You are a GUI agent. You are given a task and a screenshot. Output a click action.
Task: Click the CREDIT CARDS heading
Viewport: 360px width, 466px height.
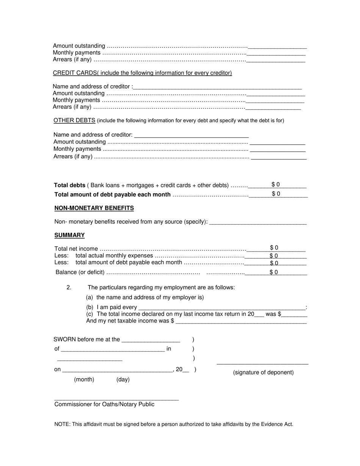tap(75, 73)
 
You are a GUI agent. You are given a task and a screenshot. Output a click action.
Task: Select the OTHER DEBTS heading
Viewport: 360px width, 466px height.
tap(74, 120)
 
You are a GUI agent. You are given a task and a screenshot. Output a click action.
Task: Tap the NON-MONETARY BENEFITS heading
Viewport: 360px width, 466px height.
tap(94, 208)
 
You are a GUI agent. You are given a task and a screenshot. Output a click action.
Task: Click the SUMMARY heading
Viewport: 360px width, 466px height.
tap(69, 235)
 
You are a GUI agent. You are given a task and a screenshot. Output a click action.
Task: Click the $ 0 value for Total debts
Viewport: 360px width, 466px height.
tap(275, 185)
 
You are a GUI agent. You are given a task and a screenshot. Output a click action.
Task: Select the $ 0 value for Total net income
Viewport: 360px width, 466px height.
tap(274, 248)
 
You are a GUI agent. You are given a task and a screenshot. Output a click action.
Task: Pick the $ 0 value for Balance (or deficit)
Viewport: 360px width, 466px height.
tap(274, 272)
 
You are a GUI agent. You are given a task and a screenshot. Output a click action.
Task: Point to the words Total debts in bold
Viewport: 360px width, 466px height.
tap(70, 185)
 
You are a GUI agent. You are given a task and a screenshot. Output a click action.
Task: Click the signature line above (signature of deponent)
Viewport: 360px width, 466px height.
tap(262, 364)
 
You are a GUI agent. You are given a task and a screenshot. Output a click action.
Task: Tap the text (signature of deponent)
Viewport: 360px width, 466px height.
tap(263, 372)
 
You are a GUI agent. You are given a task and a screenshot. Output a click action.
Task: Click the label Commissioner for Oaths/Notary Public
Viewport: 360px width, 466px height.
tap(104, 404)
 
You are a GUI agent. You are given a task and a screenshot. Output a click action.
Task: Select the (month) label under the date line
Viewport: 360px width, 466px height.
tap(84, 379)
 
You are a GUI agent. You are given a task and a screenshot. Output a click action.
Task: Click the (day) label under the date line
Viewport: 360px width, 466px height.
tap(123, 379)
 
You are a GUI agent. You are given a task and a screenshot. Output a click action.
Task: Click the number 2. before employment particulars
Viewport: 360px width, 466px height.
tap(69, 288)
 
